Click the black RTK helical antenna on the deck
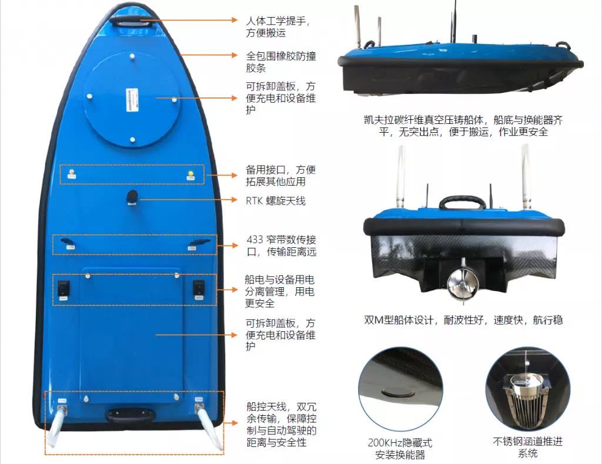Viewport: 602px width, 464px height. [132, 198]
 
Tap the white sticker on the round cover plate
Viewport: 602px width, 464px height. [131, 100]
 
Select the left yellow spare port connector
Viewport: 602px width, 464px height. [71, 173]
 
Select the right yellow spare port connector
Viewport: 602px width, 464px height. [190, 175]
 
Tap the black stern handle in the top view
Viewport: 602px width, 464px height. [131, 415]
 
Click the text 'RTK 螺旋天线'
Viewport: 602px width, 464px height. [276, 200]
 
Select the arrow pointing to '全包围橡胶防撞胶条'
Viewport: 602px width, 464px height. [209, 55]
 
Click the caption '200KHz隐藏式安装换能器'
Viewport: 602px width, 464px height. [400, 449]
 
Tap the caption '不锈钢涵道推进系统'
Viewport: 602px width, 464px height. [527, 448]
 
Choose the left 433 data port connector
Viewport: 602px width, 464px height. [68, 243]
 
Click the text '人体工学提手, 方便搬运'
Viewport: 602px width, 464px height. [277, 27]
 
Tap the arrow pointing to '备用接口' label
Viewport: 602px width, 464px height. [221, 175]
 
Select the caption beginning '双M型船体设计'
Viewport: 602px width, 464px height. [463, 320]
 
